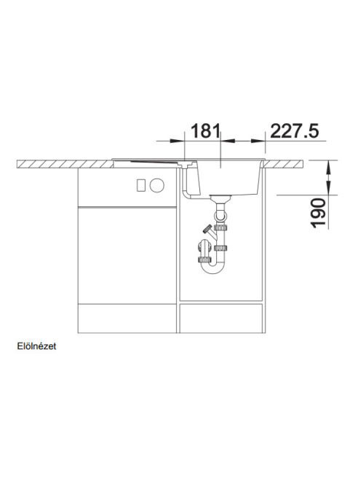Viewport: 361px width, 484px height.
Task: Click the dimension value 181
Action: [x=206, y=131]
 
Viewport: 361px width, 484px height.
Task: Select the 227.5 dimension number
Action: [x=295, y=131]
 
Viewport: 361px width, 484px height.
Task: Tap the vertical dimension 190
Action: [x=319, y=214]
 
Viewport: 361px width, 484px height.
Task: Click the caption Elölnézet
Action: [x=36, y=346]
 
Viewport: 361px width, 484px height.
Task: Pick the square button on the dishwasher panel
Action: [x=141, y=185]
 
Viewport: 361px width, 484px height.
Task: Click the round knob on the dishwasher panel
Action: [x=157, y=185]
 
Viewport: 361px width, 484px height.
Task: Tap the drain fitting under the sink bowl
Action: [x=220, y=199]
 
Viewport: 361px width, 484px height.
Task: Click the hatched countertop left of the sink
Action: [x=65, y=164]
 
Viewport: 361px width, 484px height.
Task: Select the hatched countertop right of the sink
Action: [x=283, y=163]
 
